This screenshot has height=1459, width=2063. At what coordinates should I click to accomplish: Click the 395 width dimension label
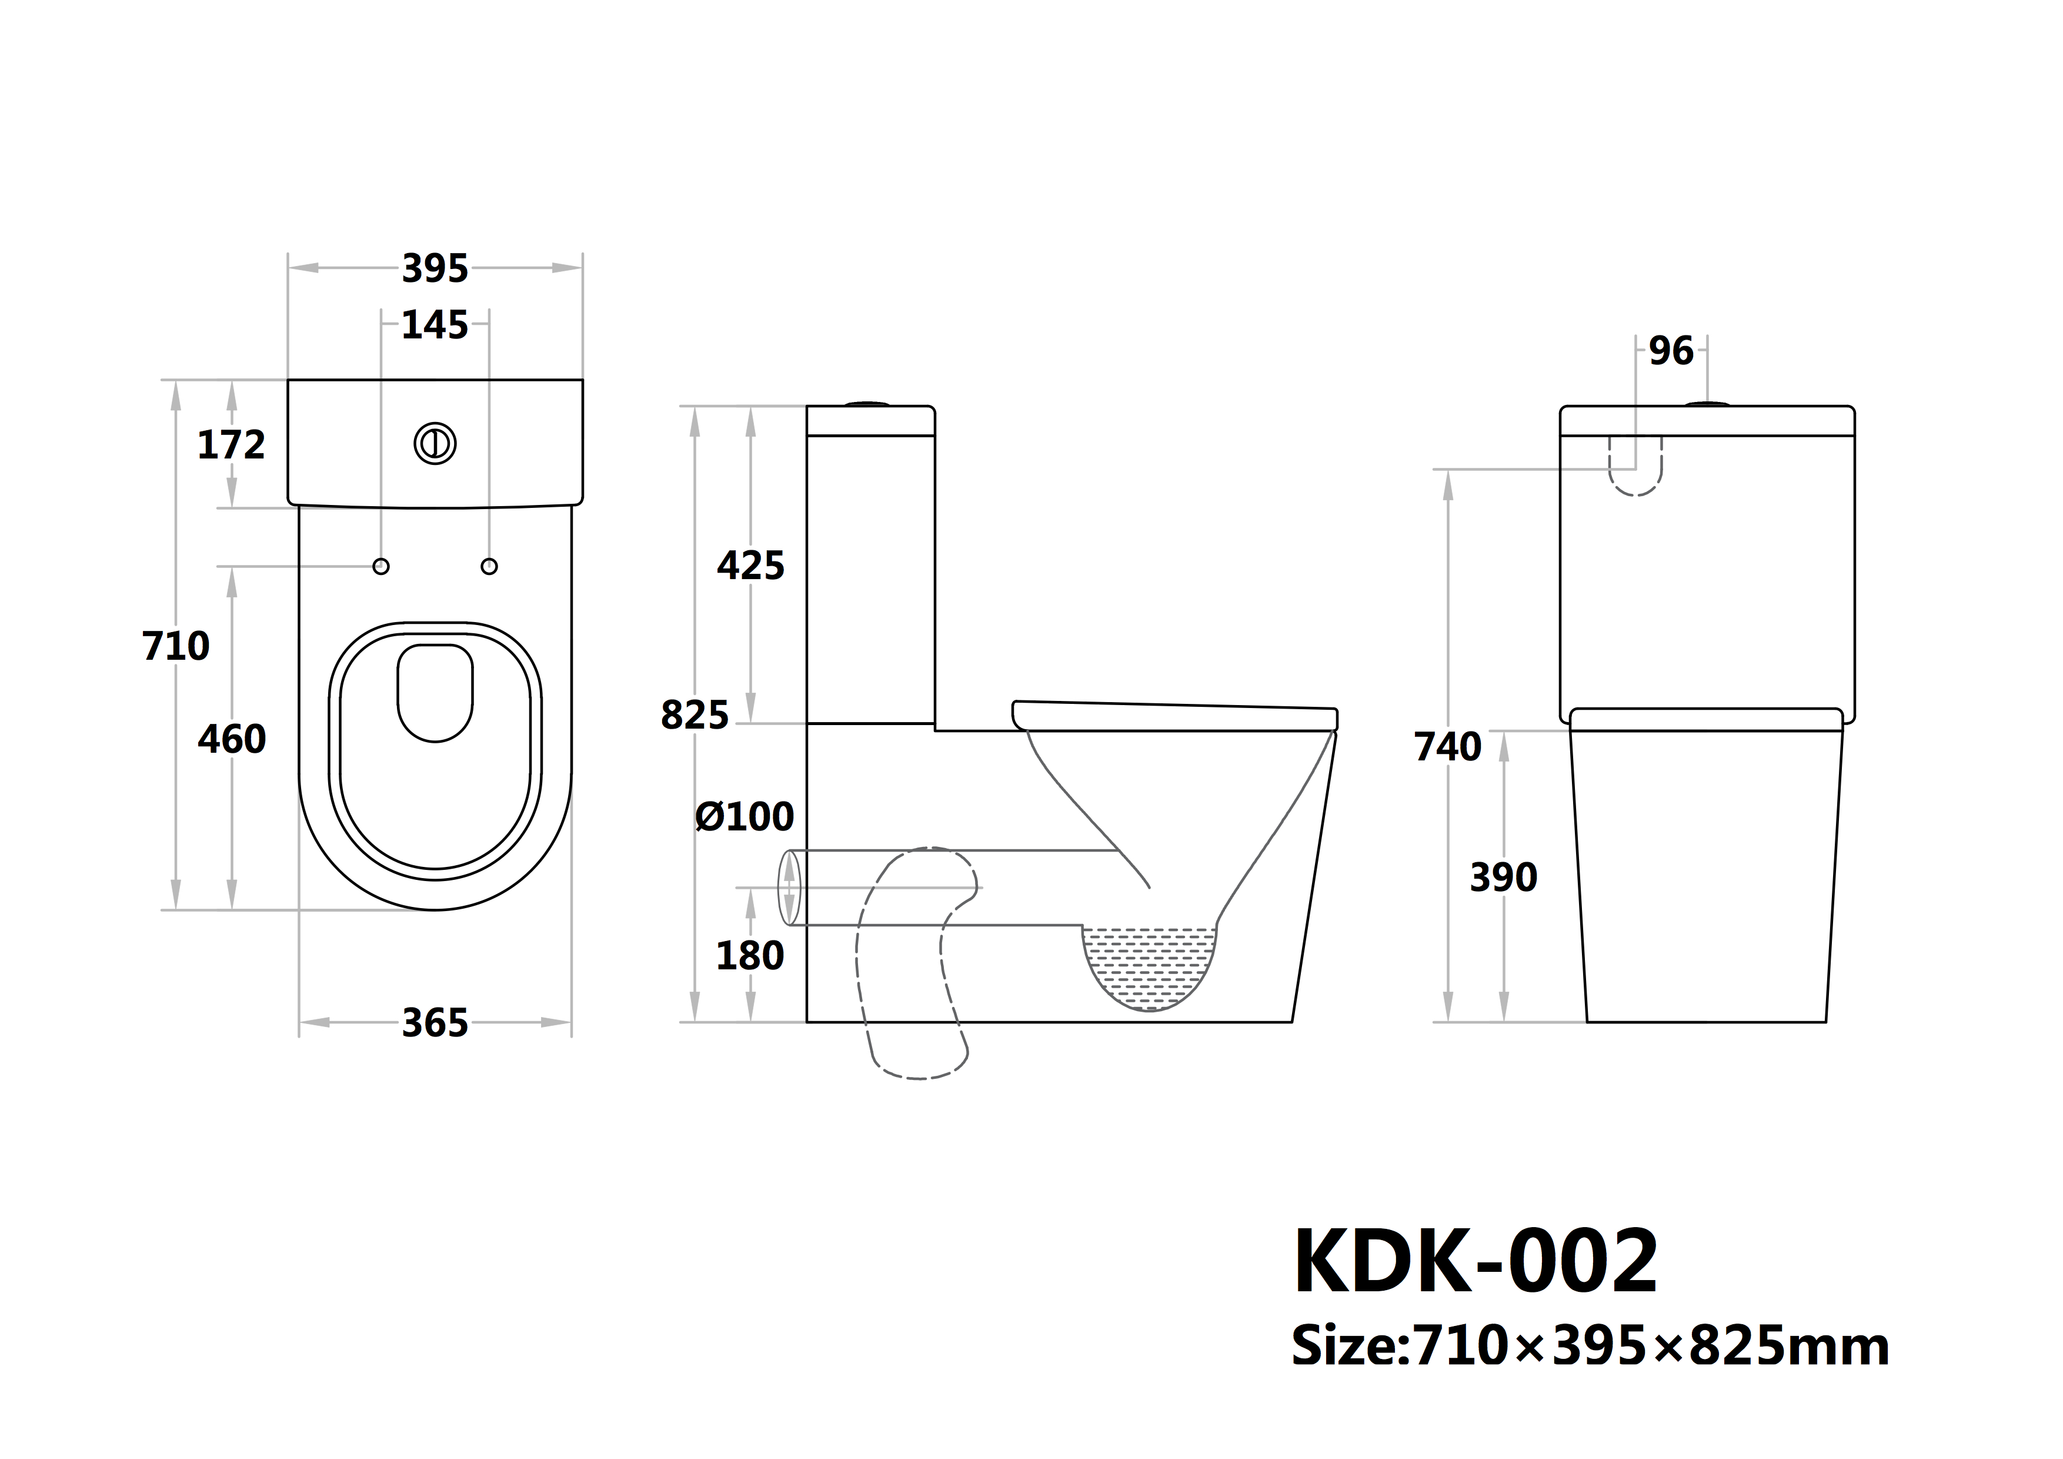435,269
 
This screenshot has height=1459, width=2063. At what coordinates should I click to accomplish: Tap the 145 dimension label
435,325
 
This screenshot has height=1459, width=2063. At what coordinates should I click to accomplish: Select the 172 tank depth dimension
231,445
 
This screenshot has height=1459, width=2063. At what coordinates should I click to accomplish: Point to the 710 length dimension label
176,646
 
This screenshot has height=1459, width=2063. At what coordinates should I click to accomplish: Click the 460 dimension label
232,740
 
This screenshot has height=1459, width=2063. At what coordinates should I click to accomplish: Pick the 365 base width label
435,1023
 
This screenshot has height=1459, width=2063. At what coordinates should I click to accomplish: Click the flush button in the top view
435,443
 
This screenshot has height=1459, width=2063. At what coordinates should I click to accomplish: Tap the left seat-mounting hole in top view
381,566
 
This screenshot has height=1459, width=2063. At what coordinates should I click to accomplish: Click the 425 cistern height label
751,566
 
